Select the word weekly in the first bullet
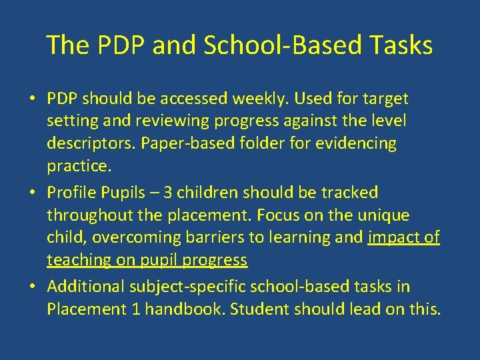263,99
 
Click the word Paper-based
180,144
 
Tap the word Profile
70,193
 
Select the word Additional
87,287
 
